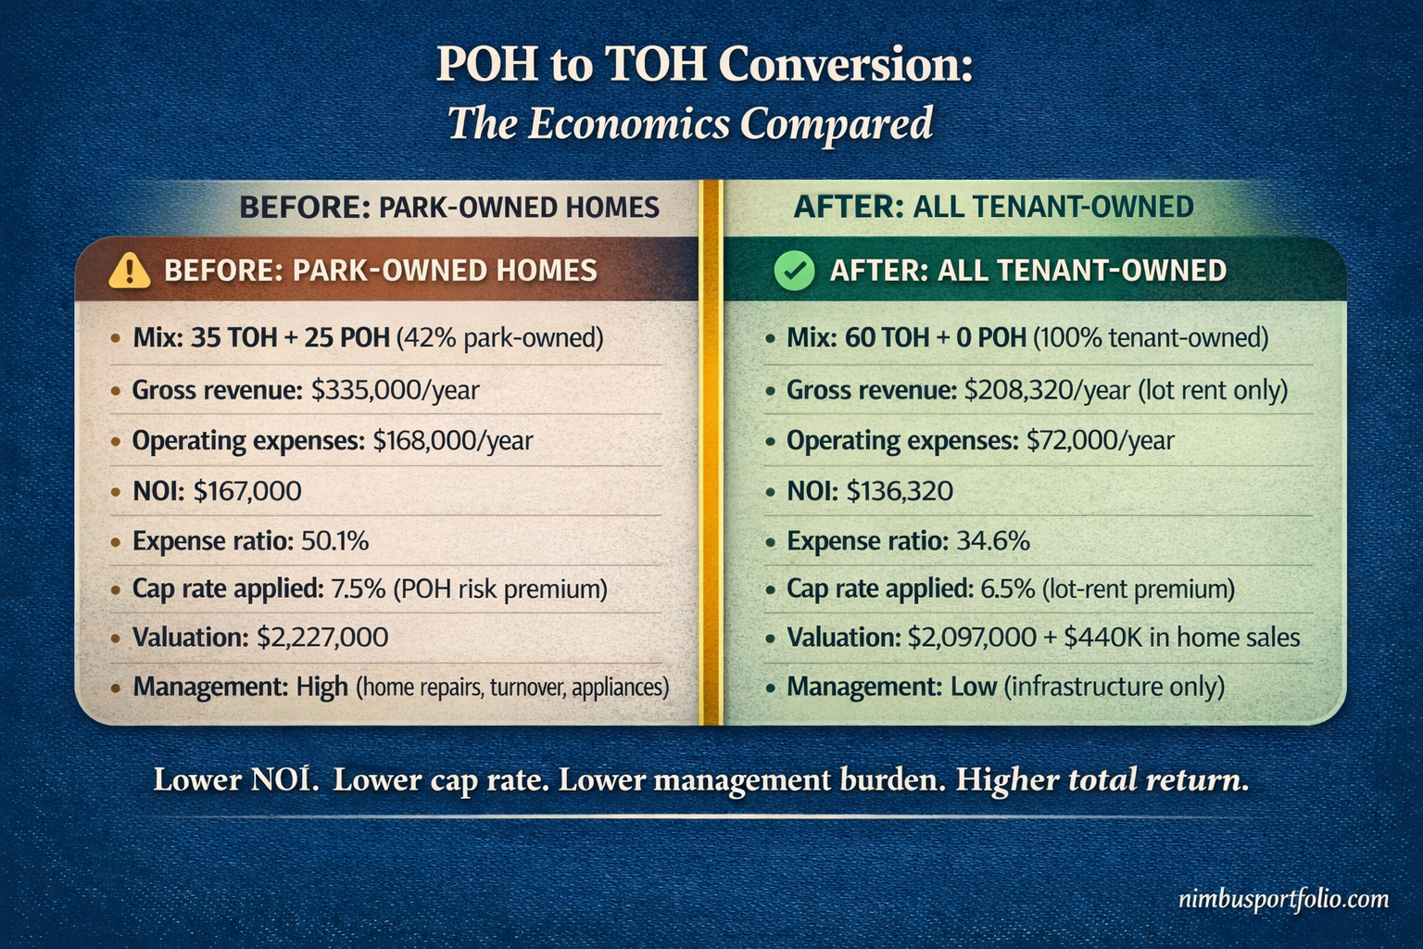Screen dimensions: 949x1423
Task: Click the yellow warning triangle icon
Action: pos(129,271)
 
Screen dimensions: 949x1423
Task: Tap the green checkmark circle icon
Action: pos(794,271)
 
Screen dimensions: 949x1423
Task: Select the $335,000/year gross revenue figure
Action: pos(395,390)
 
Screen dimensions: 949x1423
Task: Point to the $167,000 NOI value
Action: pos(247,490)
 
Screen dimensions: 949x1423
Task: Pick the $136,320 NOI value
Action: pos(900,490)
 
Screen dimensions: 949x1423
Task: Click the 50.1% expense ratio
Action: pos(334,540)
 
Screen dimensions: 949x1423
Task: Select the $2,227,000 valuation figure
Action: pos(322,638)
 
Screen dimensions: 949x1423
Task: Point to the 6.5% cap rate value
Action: pos(1007,588)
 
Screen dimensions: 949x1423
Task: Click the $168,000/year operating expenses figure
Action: pos(453,440)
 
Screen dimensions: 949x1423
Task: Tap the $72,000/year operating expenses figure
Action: pos(1100,440)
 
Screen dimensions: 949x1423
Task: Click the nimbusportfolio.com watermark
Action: pos(1283,899)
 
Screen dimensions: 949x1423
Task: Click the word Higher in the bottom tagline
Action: pos(1007,779)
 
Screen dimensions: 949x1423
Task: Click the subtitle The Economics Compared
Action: pos(690,123)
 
